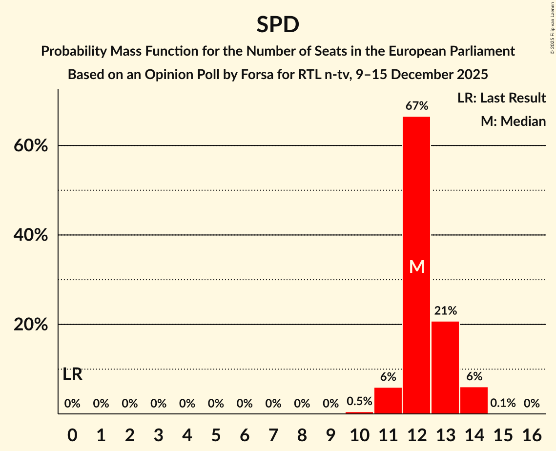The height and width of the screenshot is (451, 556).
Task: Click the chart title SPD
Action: point(278,24)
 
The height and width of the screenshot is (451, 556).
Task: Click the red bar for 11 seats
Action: point(388,400)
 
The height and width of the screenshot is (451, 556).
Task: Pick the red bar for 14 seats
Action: point(474,400)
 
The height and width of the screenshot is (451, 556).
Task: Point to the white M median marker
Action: point(417,266)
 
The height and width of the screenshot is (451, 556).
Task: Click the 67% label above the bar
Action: point(416,105)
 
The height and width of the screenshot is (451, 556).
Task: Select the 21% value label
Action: point(445,310)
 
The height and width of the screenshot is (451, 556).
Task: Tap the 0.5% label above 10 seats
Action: point(359,401)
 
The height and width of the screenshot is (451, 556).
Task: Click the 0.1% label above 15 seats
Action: point(503,403)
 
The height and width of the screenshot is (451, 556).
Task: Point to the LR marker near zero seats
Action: point(73,375)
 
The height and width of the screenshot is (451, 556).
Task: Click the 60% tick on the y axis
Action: point(31,145)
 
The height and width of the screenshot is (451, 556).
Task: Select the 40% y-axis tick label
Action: point(31,235)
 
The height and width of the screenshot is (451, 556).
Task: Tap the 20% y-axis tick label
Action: point(31,325)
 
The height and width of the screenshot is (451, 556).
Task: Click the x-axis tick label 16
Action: point(532,432)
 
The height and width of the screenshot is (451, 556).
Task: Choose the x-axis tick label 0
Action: point(72,432)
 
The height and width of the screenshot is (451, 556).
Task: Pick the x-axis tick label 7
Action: point(273,432)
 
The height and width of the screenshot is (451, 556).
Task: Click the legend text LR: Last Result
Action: point(501,98)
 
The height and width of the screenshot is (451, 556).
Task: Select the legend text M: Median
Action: point(513,121)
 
